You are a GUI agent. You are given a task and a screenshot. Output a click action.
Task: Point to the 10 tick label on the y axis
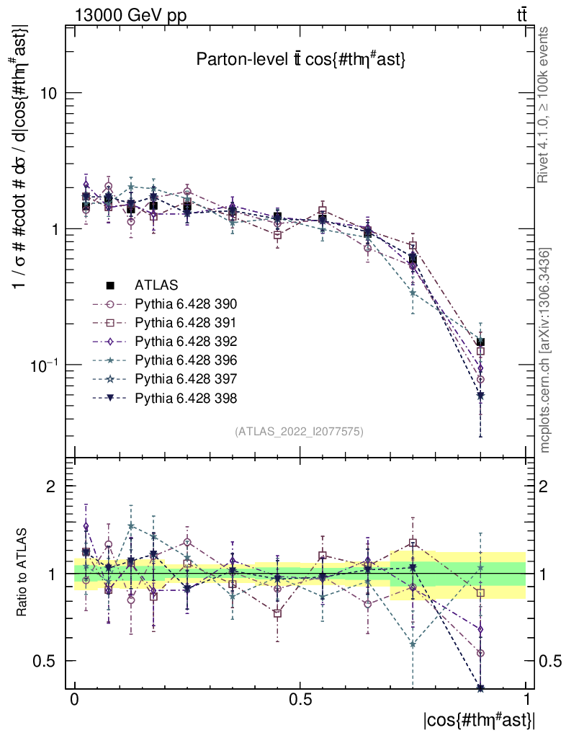click(48, 94)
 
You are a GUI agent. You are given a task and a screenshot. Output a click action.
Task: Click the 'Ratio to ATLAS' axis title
click(22, 574)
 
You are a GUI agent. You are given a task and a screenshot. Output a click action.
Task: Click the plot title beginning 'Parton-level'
click(301, 61)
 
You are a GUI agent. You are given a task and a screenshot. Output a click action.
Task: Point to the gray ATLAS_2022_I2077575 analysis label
click(299, 432)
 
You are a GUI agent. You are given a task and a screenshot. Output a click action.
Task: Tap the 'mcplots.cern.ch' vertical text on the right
click(545, 350)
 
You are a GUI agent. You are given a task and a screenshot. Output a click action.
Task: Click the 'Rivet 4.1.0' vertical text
click(545, 105)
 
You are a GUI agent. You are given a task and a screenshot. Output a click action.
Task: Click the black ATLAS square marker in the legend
click(111, 285)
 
